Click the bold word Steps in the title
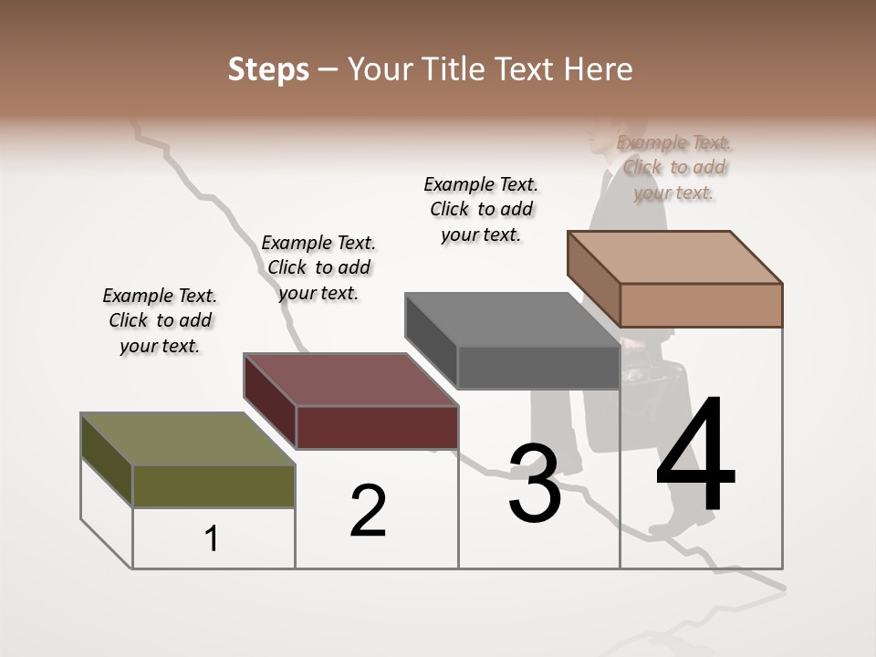coord(267,69)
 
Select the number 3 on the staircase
coord(534,484)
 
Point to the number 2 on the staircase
coord(368,510)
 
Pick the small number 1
coord(212,539)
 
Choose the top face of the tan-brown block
coord(674,256)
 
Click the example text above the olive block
coord(160,320)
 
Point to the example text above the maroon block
coord(318,267)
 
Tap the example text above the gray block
coord(481,209)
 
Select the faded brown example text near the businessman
coord(673,167)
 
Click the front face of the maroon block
coord(377,427)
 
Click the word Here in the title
coord(598,69)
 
